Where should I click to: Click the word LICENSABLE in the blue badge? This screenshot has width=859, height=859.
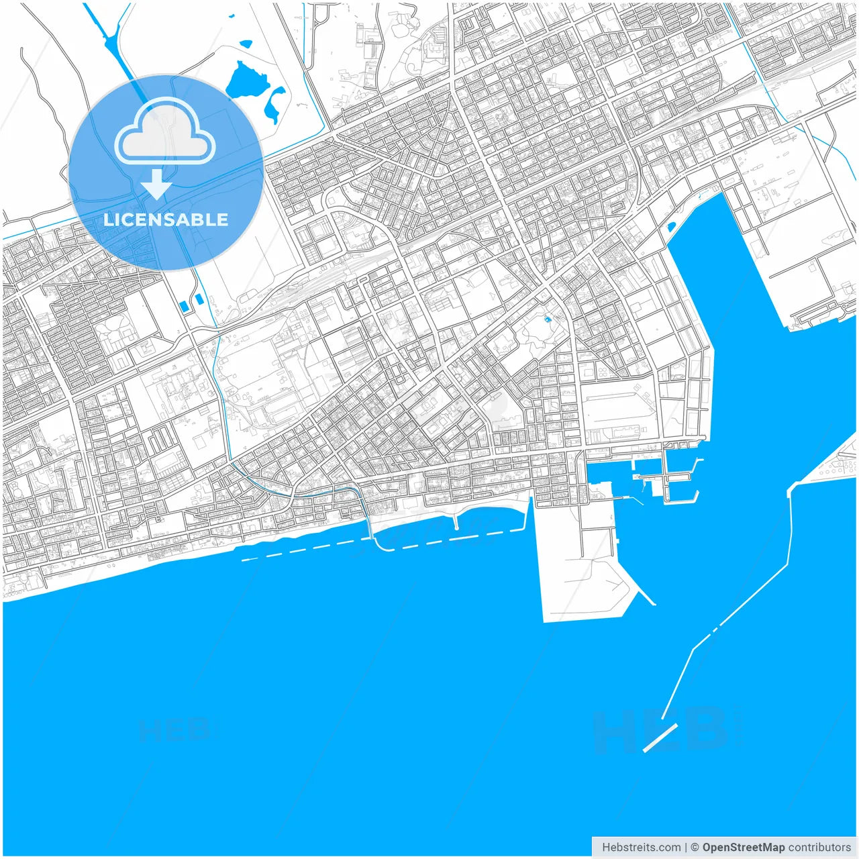pos(165,219)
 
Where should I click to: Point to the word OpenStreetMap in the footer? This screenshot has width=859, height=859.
pos(743,847)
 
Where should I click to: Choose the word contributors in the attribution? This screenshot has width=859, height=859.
pos(819,847)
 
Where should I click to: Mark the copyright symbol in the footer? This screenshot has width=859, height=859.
pos(695,847)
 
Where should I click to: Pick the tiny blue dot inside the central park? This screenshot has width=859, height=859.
pos(548,320)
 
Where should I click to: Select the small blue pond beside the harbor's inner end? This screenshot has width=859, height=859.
pos(671,226)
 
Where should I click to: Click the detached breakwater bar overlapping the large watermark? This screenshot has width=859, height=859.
pos(661,737)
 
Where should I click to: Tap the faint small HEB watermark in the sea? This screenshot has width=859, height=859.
pos(176,729)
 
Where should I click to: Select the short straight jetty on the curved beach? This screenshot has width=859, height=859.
pos(456,521)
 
